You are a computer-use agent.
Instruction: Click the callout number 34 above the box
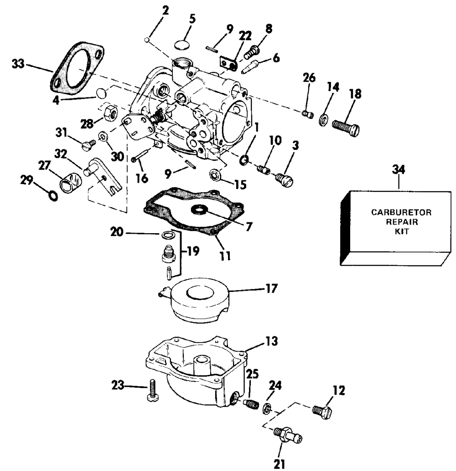click(398, 170)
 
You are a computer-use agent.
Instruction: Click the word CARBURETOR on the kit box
click(401, 212)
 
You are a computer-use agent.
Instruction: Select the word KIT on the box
click(402, 231)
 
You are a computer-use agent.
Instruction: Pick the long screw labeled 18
click(346, 128)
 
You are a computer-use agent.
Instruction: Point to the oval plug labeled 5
click(182, 44)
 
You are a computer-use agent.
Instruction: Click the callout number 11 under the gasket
click(225, 256)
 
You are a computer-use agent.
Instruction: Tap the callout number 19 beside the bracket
click(193, 251)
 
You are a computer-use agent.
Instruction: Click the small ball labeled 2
click(147, 39)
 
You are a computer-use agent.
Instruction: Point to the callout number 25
click(252, 375)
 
